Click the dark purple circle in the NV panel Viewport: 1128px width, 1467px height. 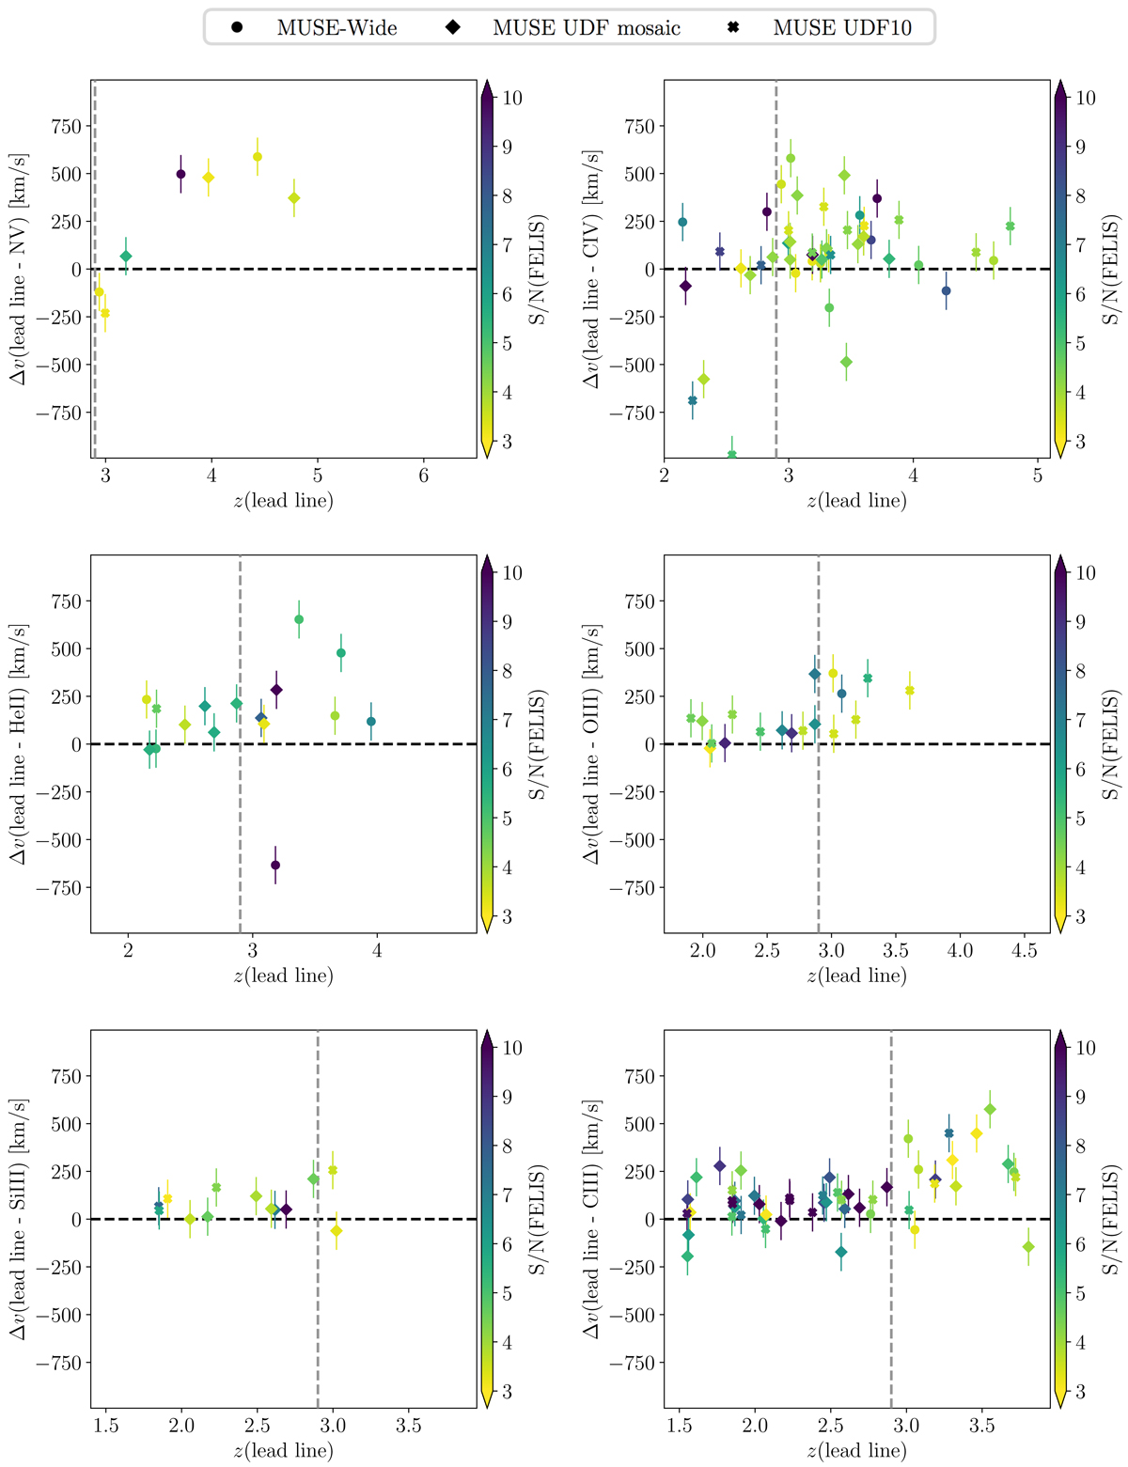(x=180, y=174)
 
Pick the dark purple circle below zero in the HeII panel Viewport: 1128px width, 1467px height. (x=275, y=865)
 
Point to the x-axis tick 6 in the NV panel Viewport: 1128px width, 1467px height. (x=424, y=476)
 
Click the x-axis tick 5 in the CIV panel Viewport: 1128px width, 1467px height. (x=1037, y=476)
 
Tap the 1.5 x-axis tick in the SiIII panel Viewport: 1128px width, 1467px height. (x=106, y=1426)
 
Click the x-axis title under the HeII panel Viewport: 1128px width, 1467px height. (x=283, y=975)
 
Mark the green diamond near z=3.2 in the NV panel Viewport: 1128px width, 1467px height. (x=126, y=256)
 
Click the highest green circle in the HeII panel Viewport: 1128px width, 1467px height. (x=299, y=619)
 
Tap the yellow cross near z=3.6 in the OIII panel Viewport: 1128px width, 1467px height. (x=909, y=691)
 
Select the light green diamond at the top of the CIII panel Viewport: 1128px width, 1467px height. (x=990, y=1110)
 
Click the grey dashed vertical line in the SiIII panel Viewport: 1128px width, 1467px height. (x=318, y=1316)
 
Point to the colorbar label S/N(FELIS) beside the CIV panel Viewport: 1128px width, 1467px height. (x=1112, y=270)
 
